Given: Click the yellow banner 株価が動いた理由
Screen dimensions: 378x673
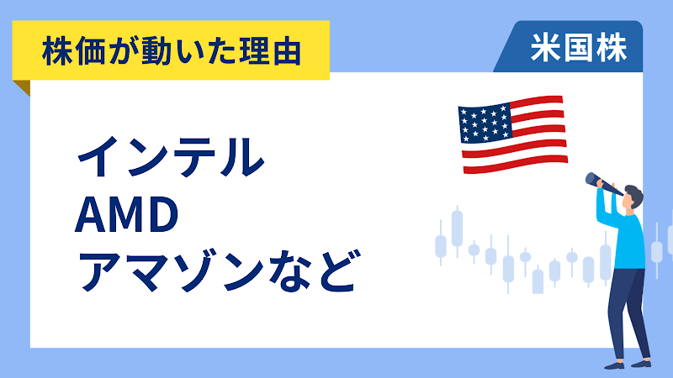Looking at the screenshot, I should (x=172, y=53).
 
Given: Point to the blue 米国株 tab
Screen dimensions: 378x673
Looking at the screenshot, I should (x=578, y=50).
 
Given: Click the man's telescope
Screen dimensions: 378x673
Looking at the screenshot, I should (x=603, y=182).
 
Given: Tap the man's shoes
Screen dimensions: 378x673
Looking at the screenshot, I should (x=627, y=364).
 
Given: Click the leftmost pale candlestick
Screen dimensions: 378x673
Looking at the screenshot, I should (x=440, y=244).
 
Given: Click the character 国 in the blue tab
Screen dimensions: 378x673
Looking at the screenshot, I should (x=578, y=50).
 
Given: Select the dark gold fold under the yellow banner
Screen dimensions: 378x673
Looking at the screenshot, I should (x=23, y=87).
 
